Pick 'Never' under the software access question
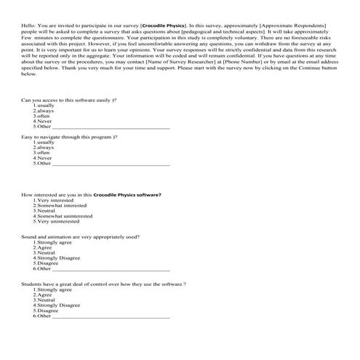(44, 121)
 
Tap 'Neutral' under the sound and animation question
(46, 253)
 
